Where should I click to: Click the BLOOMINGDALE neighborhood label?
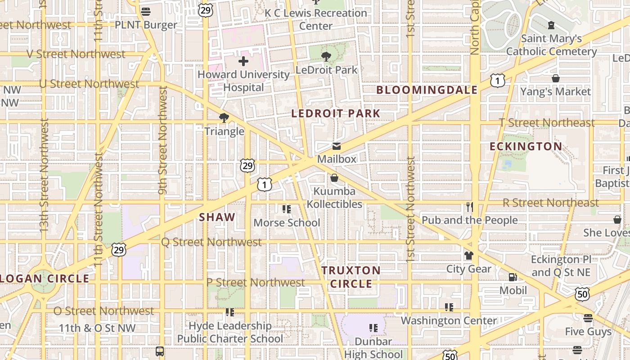pos(427,90)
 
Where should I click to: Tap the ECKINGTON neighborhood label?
pos(526,147)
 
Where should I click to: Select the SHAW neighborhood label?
pos(217,217)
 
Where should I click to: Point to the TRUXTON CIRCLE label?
pos(351,277)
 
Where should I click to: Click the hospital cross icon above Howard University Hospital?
pos(243,61)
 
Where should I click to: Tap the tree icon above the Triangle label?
pos(224,118)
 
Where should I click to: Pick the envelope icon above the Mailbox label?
pos(336,146)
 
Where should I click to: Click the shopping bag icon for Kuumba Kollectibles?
pos(334,178)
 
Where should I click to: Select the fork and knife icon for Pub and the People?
pos(470,207)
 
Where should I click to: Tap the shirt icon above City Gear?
pos(469,256)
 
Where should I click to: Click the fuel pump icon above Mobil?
pos(513,277)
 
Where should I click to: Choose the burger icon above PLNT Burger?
pos(145,12)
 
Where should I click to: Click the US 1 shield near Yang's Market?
pos(498,81)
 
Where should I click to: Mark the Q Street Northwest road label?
pos(211,242)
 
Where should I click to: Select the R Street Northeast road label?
pos(550,202)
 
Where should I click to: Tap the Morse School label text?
pos(287,223)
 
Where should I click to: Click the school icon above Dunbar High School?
pos(373,328)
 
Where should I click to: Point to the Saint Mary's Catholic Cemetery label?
pos(551,45)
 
